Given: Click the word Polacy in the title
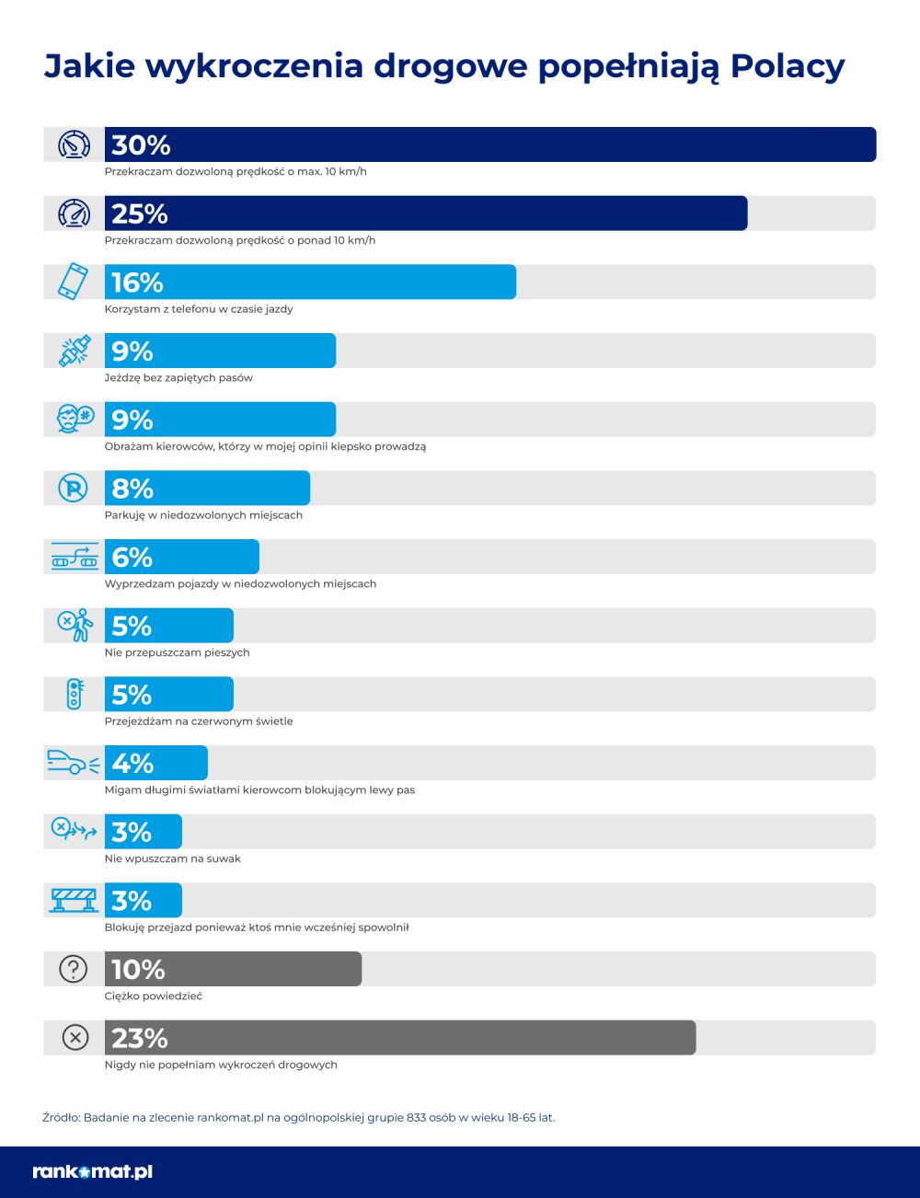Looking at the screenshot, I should coord(787,66).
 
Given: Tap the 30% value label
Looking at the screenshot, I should coord(141,144).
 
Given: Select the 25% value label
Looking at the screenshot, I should coord(140,213).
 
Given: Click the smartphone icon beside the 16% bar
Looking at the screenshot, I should coord(74,282).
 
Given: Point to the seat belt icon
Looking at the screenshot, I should coord(74,351).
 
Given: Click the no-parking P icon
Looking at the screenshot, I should coord(74,488).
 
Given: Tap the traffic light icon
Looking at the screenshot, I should coord(74,694).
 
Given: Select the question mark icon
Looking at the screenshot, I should coord(74,969).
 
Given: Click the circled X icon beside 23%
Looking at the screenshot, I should coord(74,1038).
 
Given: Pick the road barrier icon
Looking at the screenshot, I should coord(74,900).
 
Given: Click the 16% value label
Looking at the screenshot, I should coord(137,282).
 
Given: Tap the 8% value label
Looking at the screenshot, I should coord(132,489).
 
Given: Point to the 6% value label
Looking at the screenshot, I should coord(132,558).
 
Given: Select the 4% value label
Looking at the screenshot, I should coord(132,764).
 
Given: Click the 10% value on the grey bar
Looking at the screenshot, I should coord(138,970).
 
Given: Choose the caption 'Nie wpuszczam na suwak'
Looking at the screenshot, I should coord(173,858).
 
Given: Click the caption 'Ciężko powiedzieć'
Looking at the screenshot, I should coord(154,996).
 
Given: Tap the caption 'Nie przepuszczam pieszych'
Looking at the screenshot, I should coord(178,652).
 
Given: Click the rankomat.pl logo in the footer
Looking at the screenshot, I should coord(92,1171).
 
